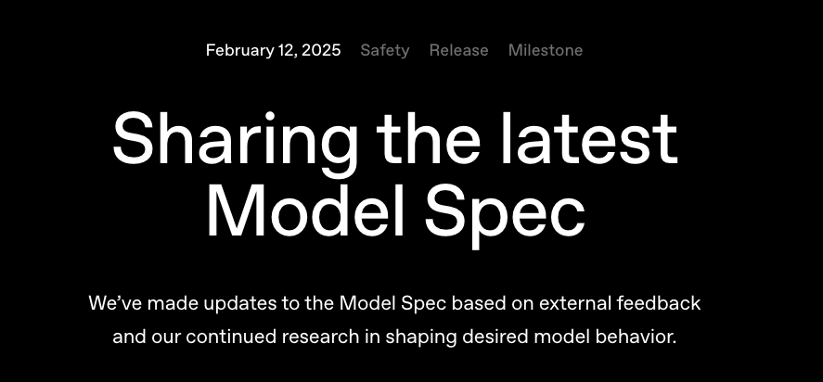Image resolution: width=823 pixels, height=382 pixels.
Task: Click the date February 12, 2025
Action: coord(273,50)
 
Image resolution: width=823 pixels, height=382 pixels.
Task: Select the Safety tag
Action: coord(384,50)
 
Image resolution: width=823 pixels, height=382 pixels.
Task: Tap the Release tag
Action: coord(458,50)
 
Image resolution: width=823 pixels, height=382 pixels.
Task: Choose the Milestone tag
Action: coord(546,50)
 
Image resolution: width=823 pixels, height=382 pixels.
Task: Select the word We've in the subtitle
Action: coord(116,303)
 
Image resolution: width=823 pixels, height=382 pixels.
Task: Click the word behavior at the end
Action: coord(639,337)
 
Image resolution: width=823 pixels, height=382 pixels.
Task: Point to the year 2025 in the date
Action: coord(321,50)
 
